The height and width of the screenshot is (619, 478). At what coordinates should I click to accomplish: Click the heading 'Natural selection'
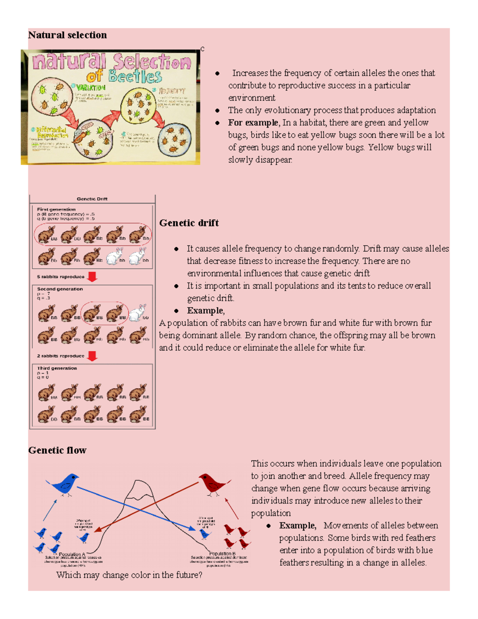pyautogui.click(x=67, y=35)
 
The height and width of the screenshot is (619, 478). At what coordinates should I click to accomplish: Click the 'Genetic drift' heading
pyautogui.click(x=189, y=223)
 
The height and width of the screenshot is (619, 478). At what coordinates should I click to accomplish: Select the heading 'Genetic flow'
pyautogui.click(x=57, y=450)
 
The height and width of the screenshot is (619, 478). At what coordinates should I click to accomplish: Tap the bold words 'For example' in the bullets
pyautogui.click(x=253, y=122)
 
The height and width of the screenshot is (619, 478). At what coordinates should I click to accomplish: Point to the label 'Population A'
pyautogui.click(x=72, y=554)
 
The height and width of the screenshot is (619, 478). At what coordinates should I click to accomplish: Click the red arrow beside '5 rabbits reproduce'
pyautogui.click(x=92, y=277)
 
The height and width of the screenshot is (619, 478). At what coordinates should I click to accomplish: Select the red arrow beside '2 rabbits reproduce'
pyautogui.click(x=92, y=356)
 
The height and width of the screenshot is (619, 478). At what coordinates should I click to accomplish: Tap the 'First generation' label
pyautogui.click(x=56, y=209)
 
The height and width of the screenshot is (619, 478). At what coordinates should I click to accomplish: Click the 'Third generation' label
pyautogui.click(x=57, y=368)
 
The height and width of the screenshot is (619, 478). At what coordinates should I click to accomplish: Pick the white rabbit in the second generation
pyautogui.click(x=137, y=313)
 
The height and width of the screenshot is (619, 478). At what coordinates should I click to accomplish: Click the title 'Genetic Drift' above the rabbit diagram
pyautogui.click(x=92, y=199)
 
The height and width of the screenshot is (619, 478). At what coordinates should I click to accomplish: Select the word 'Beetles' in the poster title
pyautogui.click(x=135, y=76)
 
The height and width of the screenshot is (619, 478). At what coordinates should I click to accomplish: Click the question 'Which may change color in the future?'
pyautogui.click(x=129, y=575)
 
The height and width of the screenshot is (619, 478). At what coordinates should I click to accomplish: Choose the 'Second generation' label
pyautogui.click(x=60, y=289)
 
